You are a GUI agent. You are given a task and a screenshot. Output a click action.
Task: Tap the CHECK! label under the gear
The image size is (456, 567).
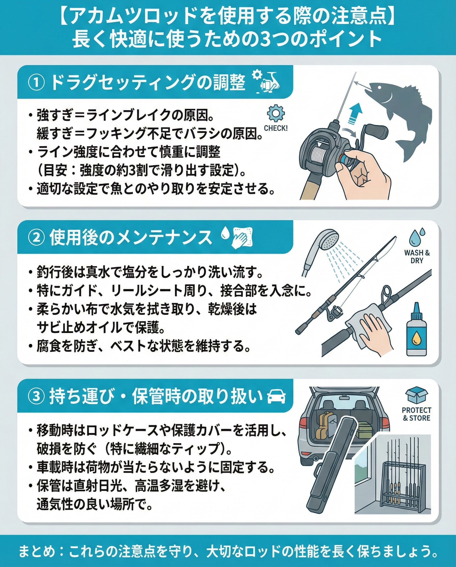[276, 128]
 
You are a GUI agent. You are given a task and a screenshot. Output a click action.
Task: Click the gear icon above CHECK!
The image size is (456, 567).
[276, 113]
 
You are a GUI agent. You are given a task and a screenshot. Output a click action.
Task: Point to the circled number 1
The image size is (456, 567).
[36, 83]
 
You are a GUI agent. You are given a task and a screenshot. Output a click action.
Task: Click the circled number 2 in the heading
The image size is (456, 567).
[36, 237]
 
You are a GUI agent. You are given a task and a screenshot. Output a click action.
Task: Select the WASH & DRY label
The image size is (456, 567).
[417, 257]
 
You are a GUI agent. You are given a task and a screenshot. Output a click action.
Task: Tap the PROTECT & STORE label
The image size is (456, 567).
[417, 414]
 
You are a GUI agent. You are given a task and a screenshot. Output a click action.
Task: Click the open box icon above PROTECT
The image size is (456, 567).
[417, 395]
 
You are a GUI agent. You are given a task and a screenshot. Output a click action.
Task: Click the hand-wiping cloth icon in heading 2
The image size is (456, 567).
[242, 237]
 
